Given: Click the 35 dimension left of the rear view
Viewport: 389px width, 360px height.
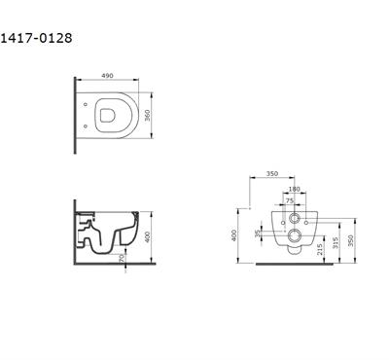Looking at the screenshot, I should pyautogui.click(x=257, y=234).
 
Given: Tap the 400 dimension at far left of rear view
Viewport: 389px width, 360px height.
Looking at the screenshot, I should pyautogui.click(x=237, y=234).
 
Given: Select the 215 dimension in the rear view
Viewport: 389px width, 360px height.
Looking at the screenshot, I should pyautogui.click(x=322, y=247).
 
